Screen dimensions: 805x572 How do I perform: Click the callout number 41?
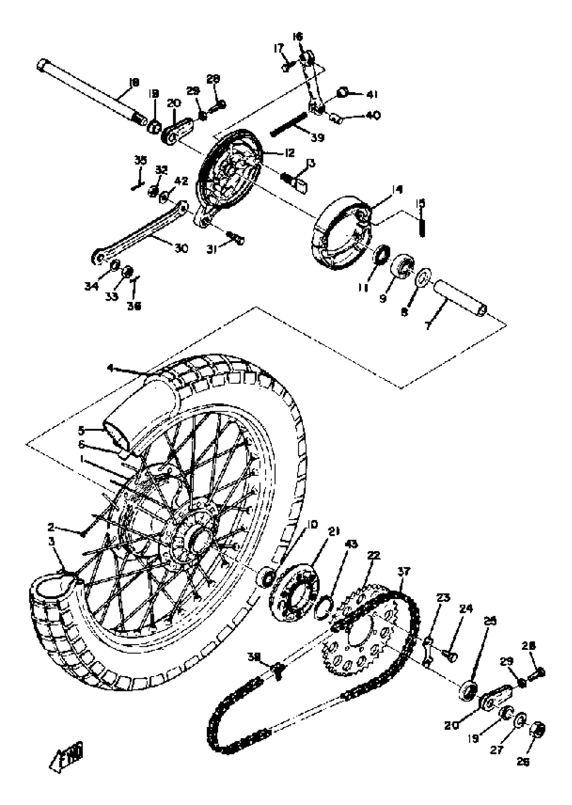coord(372,95)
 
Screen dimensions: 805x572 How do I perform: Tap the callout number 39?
coord(317,137)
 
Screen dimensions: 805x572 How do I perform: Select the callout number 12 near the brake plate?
coord(289,153)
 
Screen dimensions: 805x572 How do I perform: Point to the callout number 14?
coord(397,189)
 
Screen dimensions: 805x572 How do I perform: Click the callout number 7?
coord(428,326)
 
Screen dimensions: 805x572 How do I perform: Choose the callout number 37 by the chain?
coord(404,571)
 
